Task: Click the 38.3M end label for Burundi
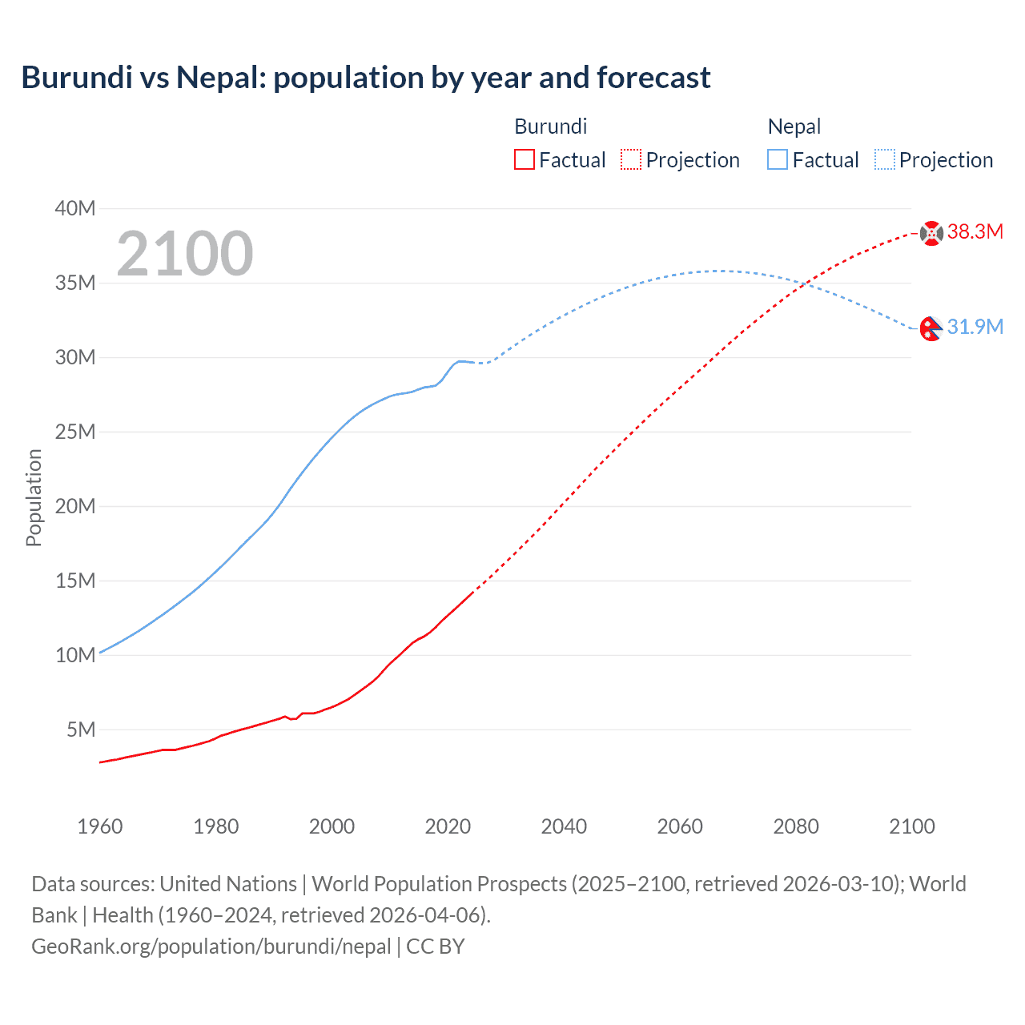[x=975, y=232]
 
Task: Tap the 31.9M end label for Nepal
[x=975, y=327]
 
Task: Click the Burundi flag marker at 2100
[x=931, y=233]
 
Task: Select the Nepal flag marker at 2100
[x=931, y=328]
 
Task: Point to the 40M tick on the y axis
[x=75, y=208]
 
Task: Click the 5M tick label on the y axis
[x=81, y=730]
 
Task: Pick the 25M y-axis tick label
[x=75, y=432]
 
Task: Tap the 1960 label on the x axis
[x=100, y=826]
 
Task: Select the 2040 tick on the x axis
[x=564, y=826]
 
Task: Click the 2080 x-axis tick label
[x=796, y=826]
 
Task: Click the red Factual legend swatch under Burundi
[x=525, y=159]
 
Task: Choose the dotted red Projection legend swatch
[x=631, y=159]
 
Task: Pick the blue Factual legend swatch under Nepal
[x=778, y=159]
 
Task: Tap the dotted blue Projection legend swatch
[x=885, y=159]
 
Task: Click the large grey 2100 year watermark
[x=185, y=254]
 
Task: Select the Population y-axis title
[x=34, y=497]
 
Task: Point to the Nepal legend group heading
[x=794, y=127]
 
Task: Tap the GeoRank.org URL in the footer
[x=211, y=946]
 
